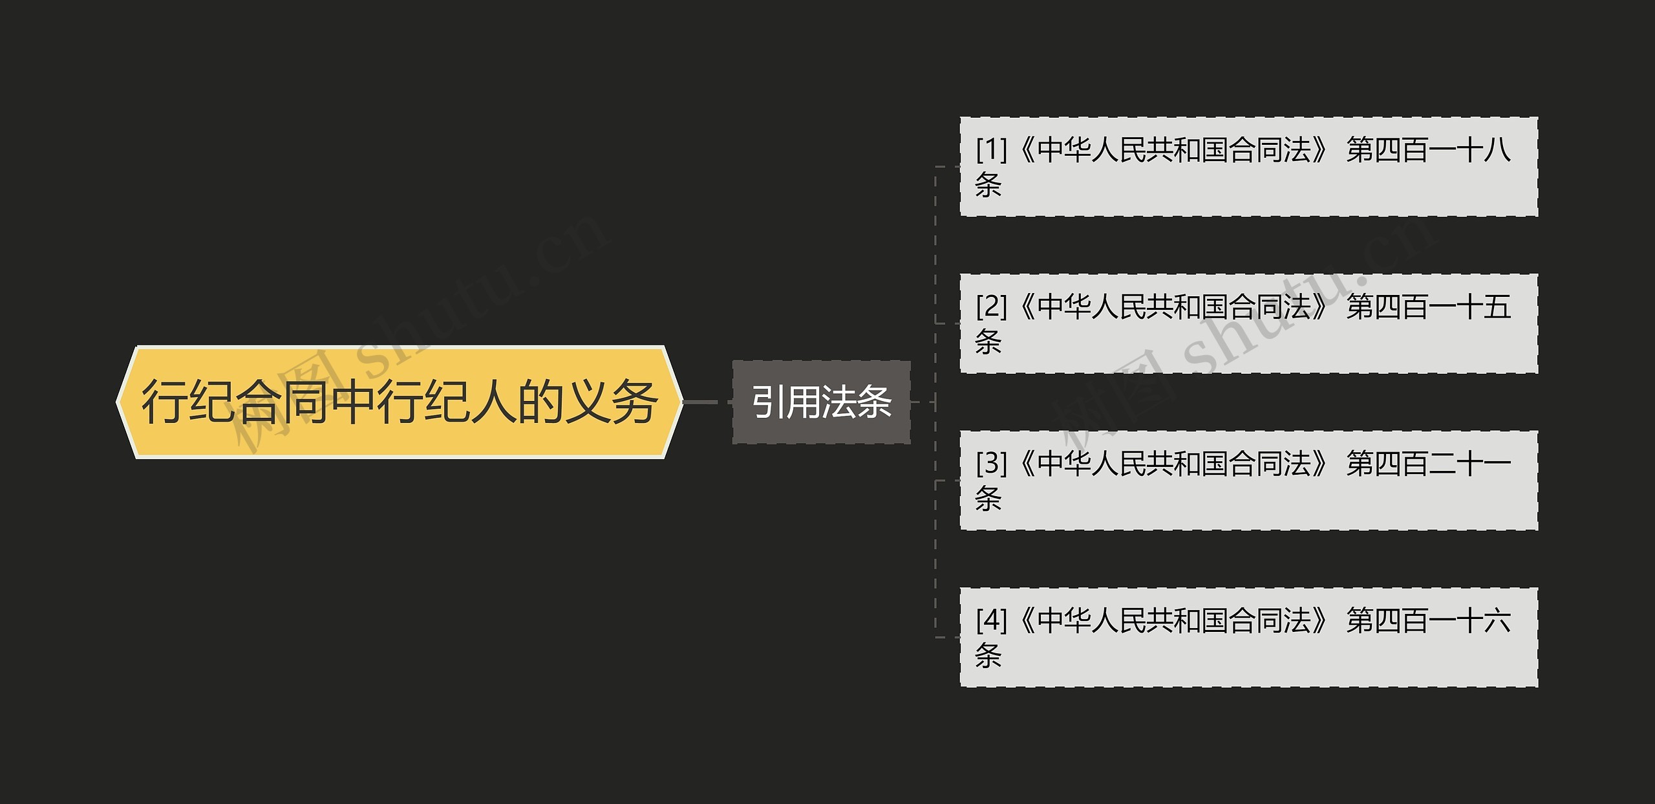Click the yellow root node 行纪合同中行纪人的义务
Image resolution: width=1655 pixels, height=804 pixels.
tap(400, 402)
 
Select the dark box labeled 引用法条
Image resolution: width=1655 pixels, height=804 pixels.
tap(821, 402)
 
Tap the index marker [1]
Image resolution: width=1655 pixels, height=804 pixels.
tap(991, 150)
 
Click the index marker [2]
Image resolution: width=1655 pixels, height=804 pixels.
tap(991, 307)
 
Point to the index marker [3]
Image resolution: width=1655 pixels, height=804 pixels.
tap(991, 464)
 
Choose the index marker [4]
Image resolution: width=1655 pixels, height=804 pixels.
tap(991, 620)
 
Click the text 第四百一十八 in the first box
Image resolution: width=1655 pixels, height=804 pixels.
tap(1428, 150)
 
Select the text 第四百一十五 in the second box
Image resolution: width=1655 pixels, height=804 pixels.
tap(1428, 307)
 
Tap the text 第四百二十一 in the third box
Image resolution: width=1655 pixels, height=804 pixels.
tap(1428, 464)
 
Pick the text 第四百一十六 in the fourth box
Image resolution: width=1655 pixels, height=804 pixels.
tap(1428, 620)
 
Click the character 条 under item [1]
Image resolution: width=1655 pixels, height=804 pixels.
tap(988, 185)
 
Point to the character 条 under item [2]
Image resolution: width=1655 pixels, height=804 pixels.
tap(988, 342)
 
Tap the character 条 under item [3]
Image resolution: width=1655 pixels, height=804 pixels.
tap(988, 499)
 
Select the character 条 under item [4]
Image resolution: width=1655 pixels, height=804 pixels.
tap(988, 655)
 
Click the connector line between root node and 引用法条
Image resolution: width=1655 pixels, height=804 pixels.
tap(707, 402)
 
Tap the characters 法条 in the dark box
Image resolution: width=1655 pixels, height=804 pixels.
tap(857, 402)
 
